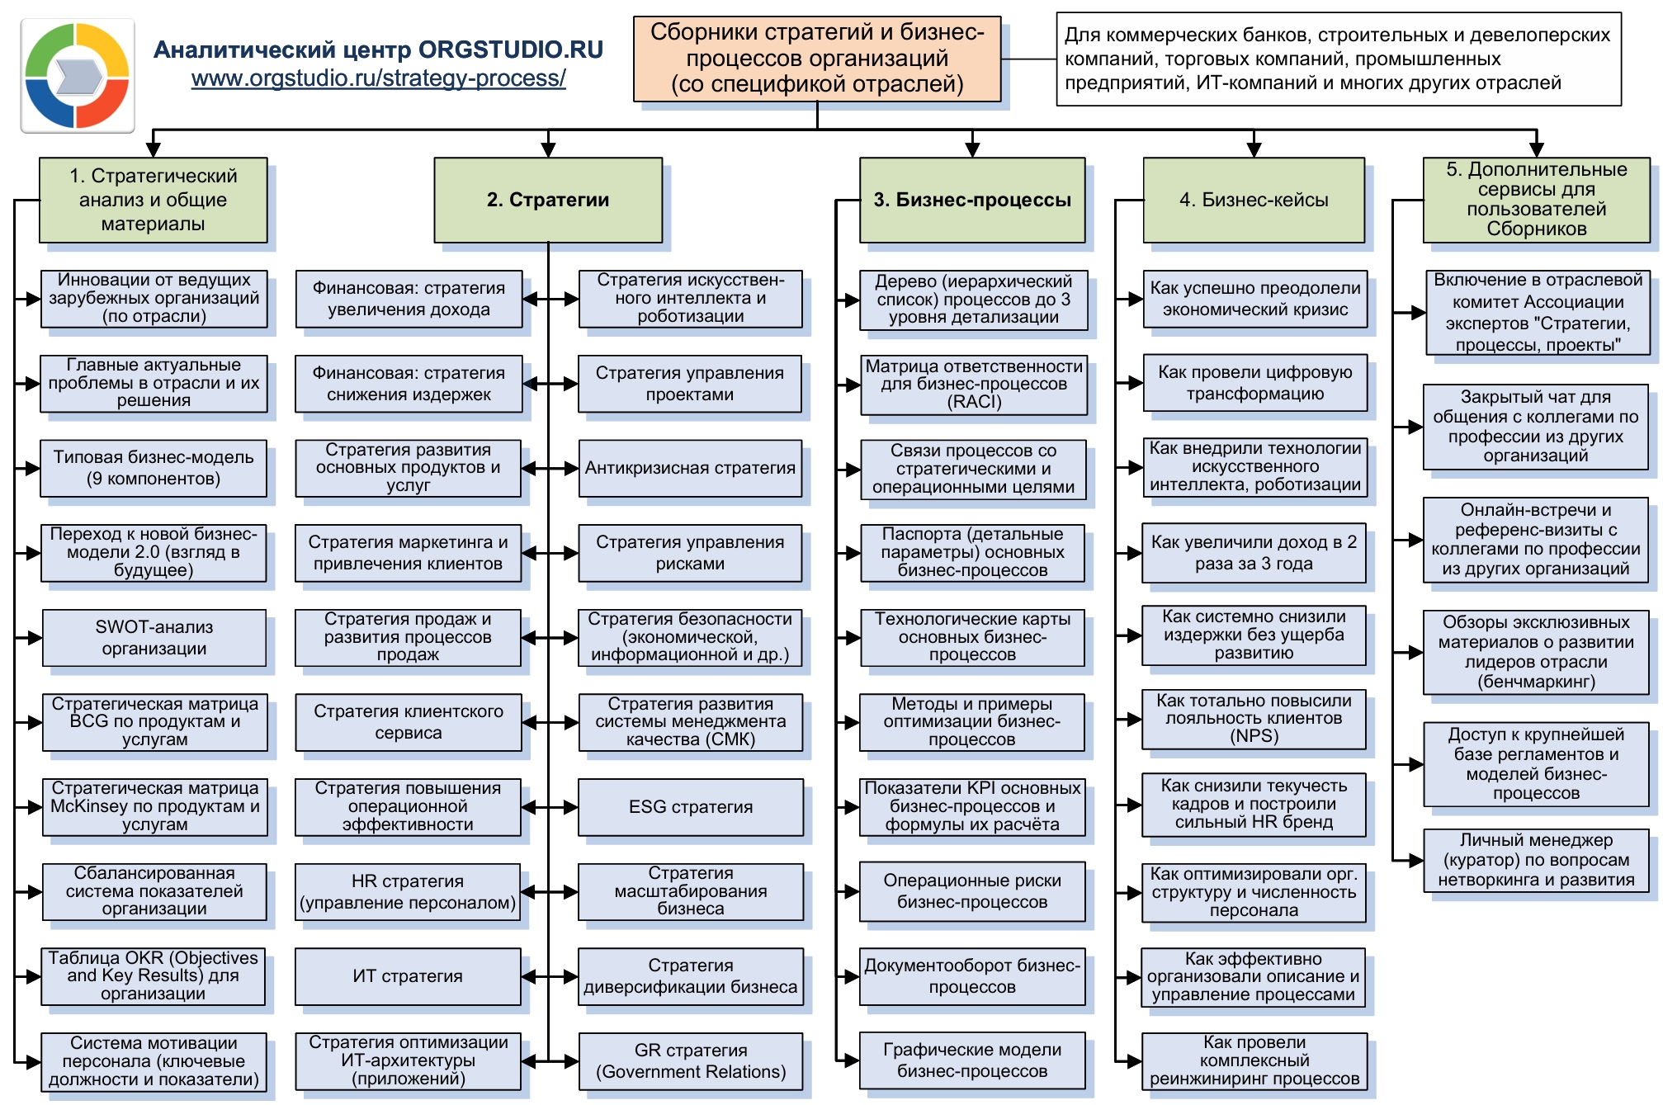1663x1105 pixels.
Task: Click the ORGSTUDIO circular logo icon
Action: (78, 76)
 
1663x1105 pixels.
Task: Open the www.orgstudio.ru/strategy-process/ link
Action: (378, 78)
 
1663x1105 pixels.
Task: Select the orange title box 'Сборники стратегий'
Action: (816, 59)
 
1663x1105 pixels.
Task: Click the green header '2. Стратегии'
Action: (548, 200)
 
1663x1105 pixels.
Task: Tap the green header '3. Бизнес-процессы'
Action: (972, 200)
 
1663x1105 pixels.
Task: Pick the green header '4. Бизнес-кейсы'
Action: (1254, 200)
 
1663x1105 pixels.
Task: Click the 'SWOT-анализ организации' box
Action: (154, 638)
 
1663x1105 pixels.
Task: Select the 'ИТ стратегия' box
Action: (408, 976)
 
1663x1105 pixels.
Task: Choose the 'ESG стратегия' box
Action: (691, 807)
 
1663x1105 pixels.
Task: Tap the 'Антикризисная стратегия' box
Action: (690, 468)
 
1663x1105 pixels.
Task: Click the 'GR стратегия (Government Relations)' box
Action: (691, 1061)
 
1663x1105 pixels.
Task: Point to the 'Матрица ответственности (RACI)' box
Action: (974, 384)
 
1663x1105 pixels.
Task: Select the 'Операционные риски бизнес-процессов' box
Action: (972, 891)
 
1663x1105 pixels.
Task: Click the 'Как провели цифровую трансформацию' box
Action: (1254, 383)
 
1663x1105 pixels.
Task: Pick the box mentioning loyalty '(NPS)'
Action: (1254, 719)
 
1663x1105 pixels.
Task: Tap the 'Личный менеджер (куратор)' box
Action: (1536, 860)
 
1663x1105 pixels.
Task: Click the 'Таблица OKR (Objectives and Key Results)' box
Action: (154, 976)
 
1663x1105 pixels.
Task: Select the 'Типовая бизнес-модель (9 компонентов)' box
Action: (154, 468)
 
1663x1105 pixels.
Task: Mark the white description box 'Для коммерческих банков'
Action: (1338, 59)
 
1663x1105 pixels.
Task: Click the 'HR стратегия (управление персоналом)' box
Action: (408, 892)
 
